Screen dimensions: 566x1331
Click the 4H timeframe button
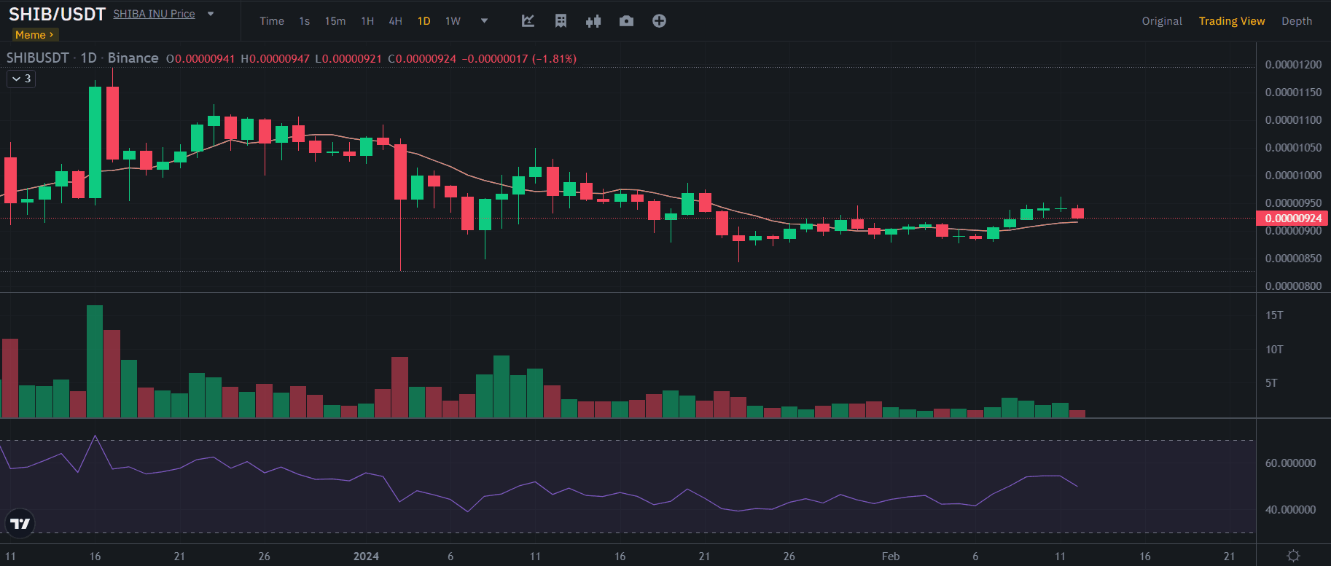[x=395, y=21]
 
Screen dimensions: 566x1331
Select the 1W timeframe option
[x=453, y=21]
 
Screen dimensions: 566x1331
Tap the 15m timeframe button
[x=335, y=21]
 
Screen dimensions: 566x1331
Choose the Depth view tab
[x=1296, y=21]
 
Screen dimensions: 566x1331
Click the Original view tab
[x=1162, y=21]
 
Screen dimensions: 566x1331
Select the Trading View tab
[x=1231, y=21]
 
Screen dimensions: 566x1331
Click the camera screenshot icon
[x=626, y=21]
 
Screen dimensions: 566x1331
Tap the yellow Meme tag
[x=34, y=35]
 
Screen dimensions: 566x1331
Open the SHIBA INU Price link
[x=154, y=14]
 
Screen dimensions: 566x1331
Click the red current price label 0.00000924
[x=1292, y=218]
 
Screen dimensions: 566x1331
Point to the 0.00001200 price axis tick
[x=1292, y=65]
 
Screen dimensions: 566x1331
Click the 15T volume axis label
[x=1274, y=315]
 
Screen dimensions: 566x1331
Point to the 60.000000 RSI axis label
[x=1290, y=463]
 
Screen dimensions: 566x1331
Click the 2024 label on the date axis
[x=366, y=557]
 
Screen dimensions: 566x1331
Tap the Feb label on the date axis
[x=890, y=557]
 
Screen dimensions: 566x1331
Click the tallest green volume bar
[x=95, y=361]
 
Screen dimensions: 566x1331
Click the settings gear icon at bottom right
[x=1293, y=556]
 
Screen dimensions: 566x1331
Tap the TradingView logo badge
[x=20, y=523]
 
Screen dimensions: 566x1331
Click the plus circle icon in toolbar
[x=659, y=21]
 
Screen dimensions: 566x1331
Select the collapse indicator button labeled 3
[x=21, y=79]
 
